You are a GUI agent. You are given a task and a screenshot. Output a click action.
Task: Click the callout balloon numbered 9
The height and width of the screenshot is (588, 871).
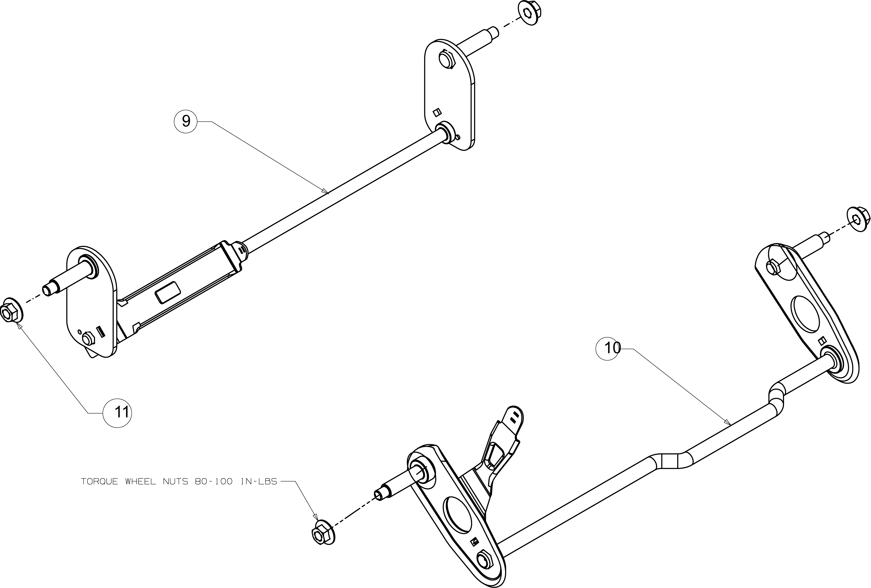pos(185,121)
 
